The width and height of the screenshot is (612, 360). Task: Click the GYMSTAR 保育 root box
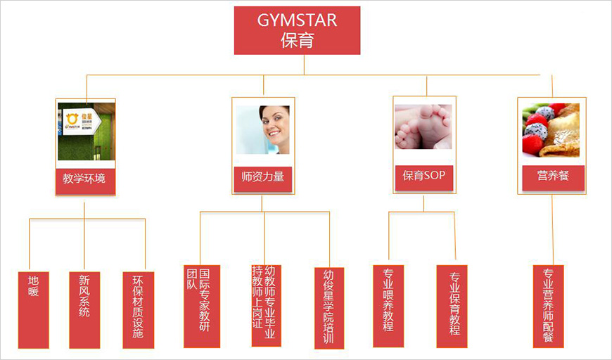(297, 30)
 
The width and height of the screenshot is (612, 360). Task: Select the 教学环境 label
(84, 179)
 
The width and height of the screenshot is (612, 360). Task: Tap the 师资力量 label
(263, 176)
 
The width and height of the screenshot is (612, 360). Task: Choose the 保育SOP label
(424, 176)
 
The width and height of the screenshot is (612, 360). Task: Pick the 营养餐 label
(553, 176)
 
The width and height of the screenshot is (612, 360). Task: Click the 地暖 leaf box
(34, 309)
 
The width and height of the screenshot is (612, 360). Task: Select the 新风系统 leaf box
(84, 309)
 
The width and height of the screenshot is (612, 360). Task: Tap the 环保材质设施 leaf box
(138, 309)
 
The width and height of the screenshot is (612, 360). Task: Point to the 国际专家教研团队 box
(202, 306)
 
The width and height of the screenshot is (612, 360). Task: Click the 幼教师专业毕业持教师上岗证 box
(266, 305)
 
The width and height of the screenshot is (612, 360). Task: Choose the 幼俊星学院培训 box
(329, 307)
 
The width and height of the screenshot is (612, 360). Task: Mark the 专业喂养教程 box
(388, 306)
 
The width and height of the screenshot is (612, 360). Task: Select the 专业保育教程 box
(452, 306)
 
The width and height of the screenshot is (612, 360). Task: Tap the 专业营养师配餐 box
(549, 306)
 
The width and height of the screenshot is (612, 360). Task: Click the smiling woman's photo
(263, 130)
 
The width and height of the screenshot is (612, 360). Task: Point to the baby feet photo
(423, 127)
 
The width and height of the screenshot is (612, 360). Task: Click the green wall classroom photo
(86, 134)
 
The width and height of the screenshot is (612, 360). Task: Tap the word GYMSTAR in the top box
(297, 20)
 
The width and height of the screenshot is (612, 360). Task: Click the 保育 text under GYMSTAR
(297, 40)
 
